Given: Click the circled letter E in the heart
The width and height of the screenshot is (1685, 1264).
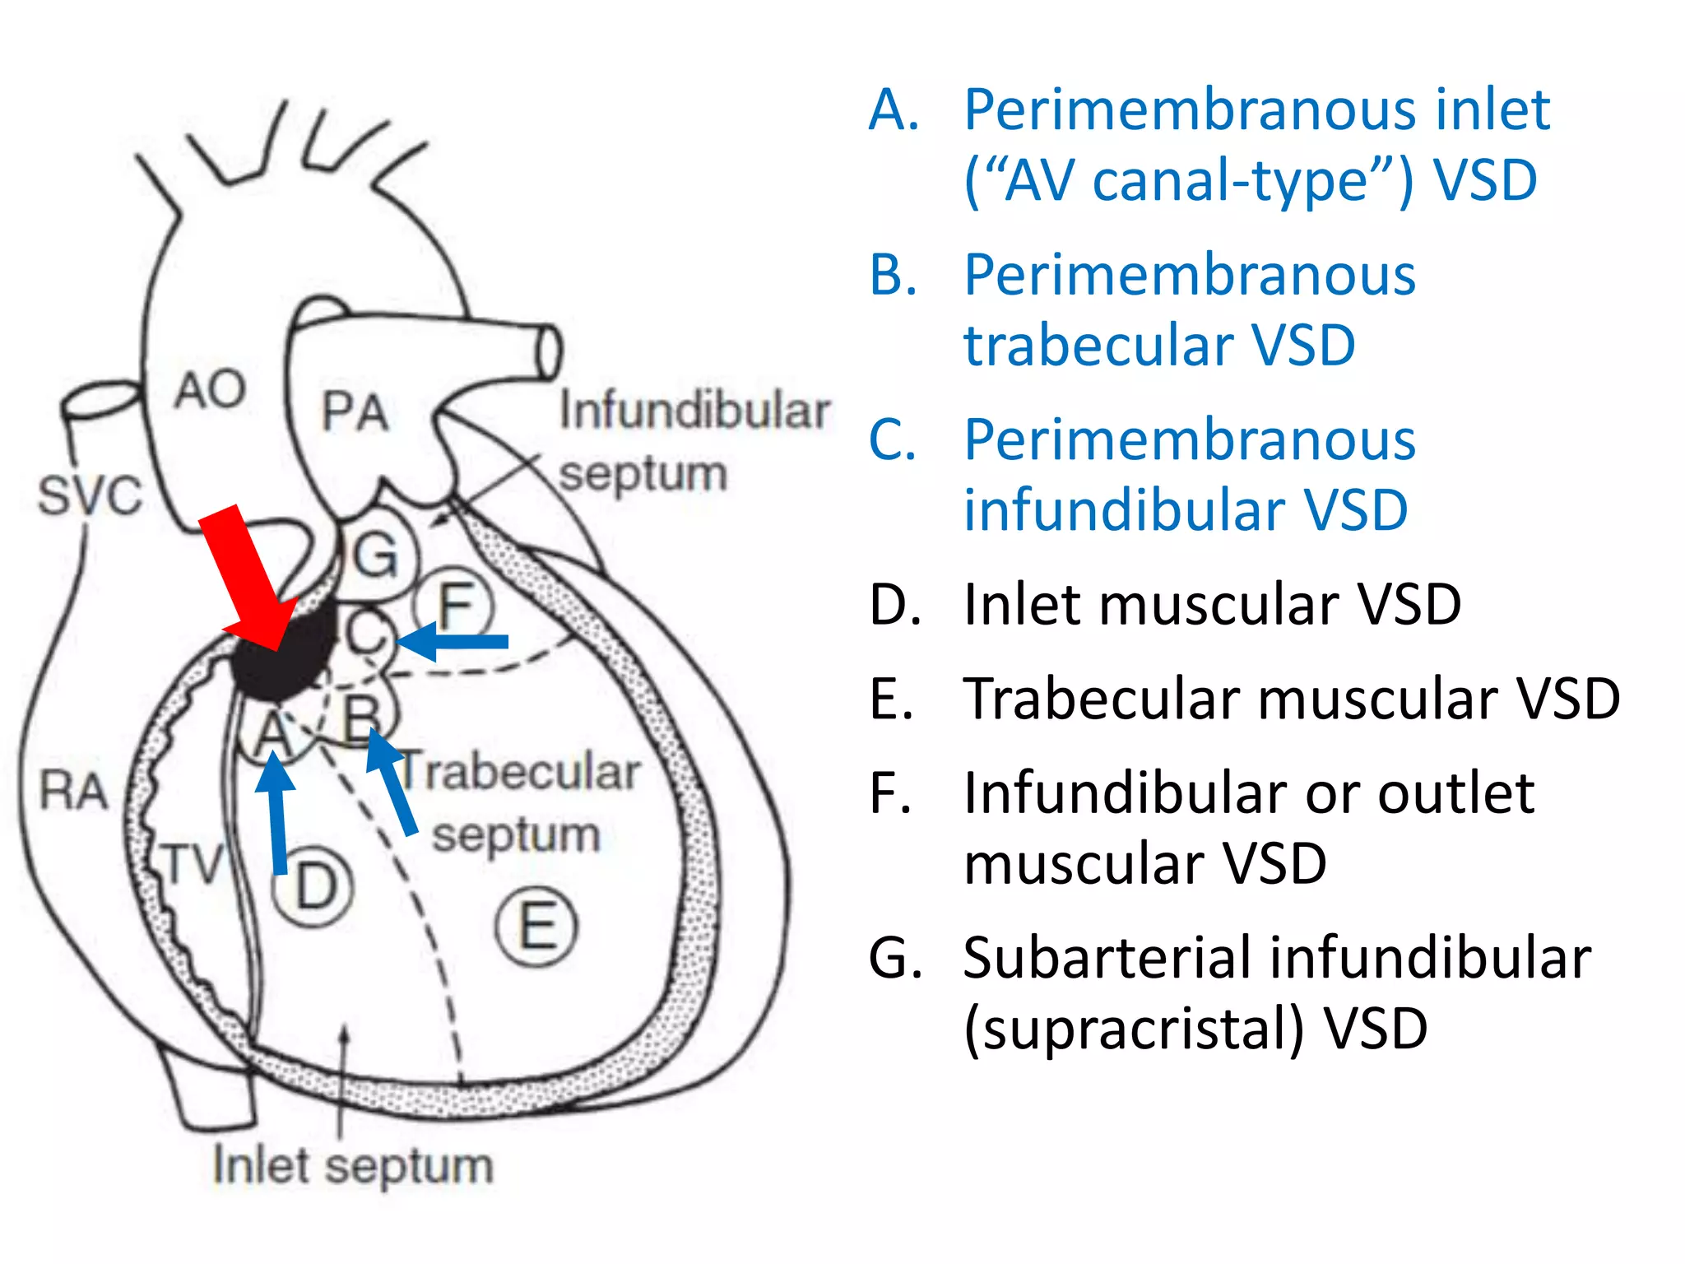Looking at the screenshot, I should click(536, 927).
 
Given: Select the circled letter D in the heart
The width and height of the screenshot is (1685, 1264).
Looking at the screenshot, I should click(313, 887).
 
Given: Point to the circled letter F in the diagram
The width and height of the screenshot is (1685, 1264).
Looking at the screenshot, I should click(454, 607).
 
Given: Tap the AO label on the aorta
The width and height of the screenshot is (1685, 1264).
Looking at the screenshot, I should click(210, 389).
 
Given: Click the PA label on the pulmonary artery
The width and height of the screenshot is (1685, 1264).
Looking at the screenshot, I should click(354, 411).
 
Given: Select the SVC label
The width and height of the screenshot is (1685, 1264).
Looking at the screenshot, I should click(91, 496).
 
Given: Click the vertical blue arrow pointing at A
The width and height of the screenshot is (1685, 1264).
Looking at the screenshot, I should click(276, 815).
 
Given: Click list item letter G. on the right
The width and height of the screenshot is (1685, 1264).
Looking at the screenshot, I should click(895, 958).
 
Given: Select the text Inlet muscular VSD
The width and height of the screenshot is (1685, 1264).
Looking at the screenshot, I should click(1211, 605).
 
